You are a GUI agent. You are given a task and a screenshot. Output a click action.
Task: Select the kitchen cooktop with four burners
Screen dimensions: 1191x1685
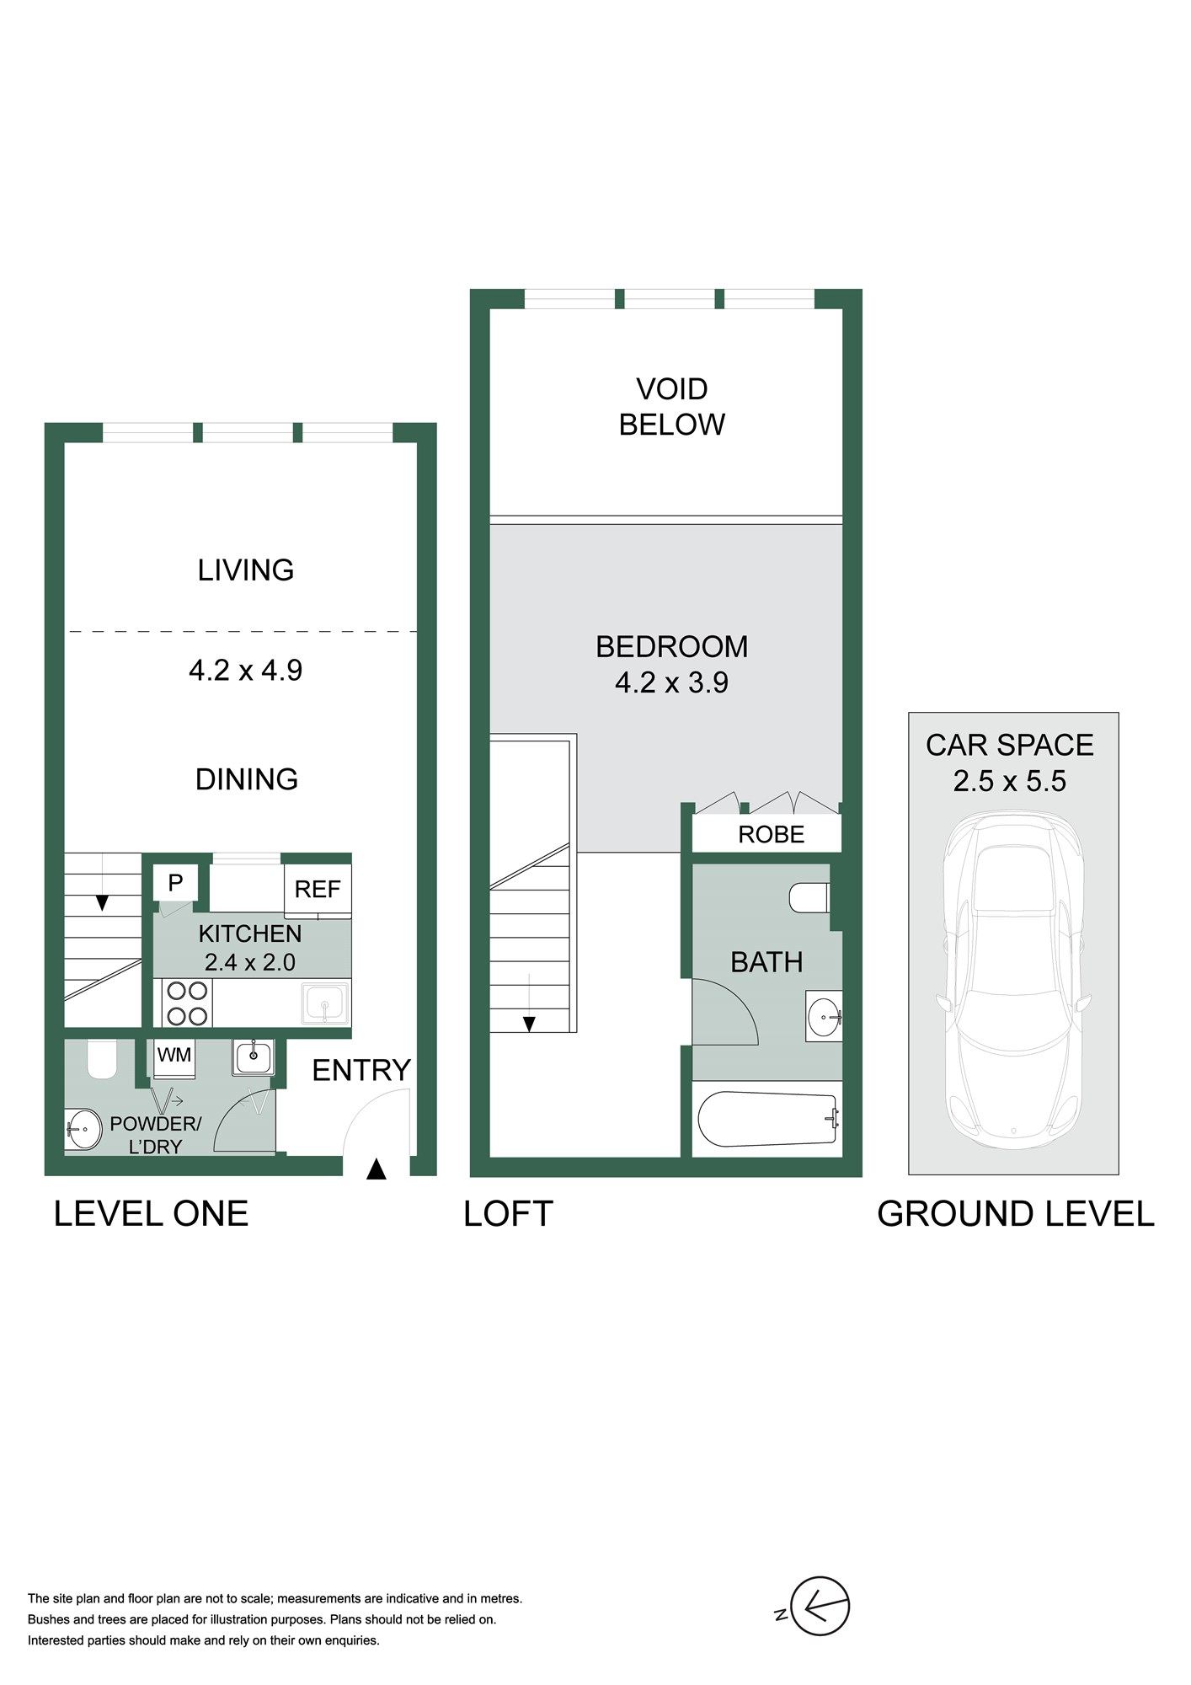tap(187, 1003)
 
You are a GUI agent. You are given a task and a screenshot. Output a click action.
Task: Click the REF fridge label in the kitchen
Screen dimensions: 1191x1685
tap(318, 889)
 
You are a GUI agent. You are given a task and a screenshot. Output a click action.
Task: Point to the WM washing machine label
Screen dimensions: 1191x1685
tap(174, 1055)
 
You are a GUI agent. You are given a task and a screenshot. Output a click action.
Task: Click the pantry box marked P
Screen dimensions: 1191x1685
tap(175, 883)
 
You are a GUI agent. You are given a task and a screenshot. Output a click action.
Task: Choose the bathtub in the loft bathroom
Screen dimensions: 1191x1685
tap(767, 1120)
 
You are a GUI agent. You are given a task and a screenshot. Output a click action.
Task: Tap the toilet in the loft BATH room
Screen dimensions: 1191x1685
tap(809, 897)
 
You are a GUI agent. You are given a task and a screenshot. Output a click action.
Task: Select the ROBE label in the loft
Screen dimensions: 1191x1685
tap(771, 834)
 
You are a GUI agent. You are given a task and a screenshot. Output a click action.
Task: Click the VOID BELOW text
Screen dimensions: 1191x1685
tap(672, 406)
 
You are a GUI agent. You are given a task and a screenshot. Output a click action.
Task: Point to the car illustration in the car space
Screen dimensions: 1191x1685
tap(1013, 979)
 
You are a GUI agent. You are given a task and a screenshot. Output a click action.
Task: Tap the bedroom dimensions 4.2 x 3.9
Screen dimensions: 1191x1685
tap(671, 682)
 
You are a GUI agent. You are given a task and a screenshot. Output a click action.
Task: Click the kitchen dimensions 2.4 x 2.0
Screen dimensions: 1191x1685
tap(250, 962)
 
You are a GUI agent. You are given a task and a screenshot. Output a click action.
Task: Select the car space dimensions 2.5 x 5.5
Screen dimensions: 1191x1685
tap(1010, 781)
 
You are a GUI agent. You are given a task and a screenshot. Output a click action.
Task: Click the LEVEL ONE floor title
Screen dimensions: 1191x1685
tap(152, 1214)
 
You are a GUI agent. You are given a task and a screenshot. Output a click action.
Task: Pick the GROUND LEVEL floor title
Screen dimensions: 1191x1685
tap(1016, 1214)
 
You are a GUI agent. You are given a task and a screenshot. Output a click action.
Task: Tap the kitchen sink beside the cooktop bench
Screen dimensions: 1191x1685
tap(325, 1003)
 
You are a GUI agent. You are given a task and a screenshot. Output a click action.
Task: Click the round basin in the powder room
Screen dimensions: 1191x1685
tap(83, 1129)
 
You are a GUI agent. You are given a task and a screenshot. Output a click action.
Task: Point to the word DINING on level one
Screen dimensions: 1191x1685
tap(247, 779)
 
